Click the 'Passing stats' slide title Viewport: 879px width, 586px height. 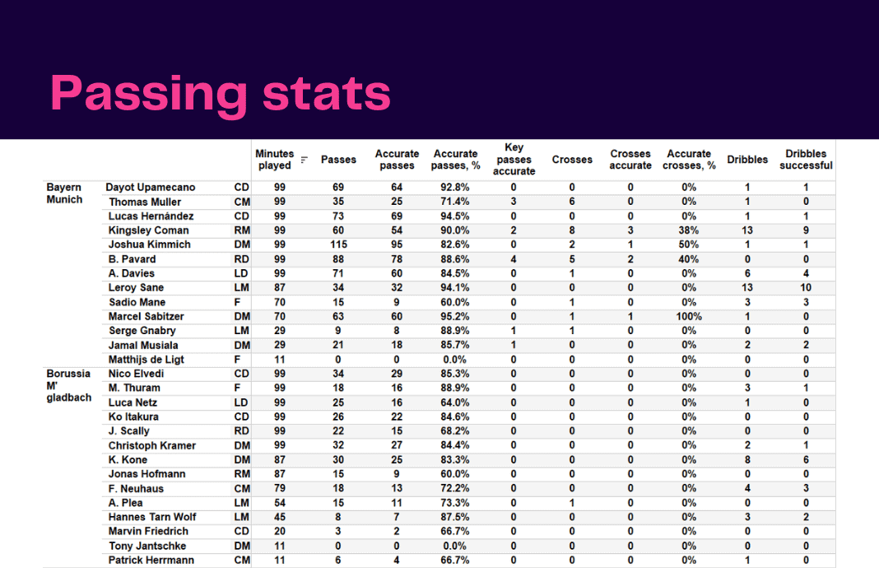tap(221, 93)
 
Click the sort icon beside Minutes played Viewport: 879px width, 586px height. tap(304, 160)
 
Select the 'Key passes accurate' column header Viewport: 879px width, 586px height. tap(514, 160)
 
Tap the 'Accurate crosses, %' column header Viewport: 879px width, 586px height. tap(689, 160)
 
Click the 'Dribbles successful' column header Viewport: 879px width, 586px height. tap(806, 160)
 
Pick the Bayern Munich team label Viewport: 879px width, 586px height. tap(65, 193)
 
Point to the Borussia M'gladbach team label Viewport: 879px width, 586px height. tap(68, 386)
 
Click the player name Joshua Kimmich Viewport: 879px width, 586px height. tap(149, 244)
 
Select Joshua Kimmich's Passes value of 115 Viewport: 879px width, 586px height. tap(337, 244)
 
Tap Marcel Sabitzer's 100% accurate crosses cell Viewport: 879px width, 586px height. tap(689, 316)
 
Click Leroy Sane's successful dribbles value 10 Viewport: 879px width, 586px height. tap(806, 288)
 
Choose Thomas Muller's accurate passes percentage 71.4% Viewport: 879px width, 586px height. tap(455, 202)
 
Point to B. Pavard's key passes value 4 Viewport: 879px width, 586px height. tap(514, 259)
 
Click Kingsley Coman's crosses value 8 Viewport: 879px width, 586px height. tap(572, 230)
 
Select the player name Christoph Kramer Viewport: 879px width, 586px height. tap(151, 445)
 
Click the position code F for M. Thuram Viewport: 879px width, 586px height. tap(238, 388)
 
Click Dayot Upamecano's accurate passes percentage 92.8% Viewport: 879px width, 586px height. tap(455, 188)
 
